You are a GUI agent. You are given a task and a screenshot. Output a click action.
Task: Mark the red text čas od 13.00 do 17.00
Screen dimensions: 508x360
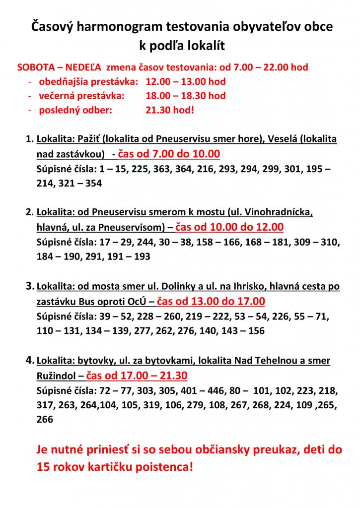click(x=211, y=301)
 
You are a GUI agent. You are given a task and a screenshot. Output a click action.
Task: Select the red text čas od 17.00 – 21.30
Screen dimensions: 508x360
click(x=137, y=375)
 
